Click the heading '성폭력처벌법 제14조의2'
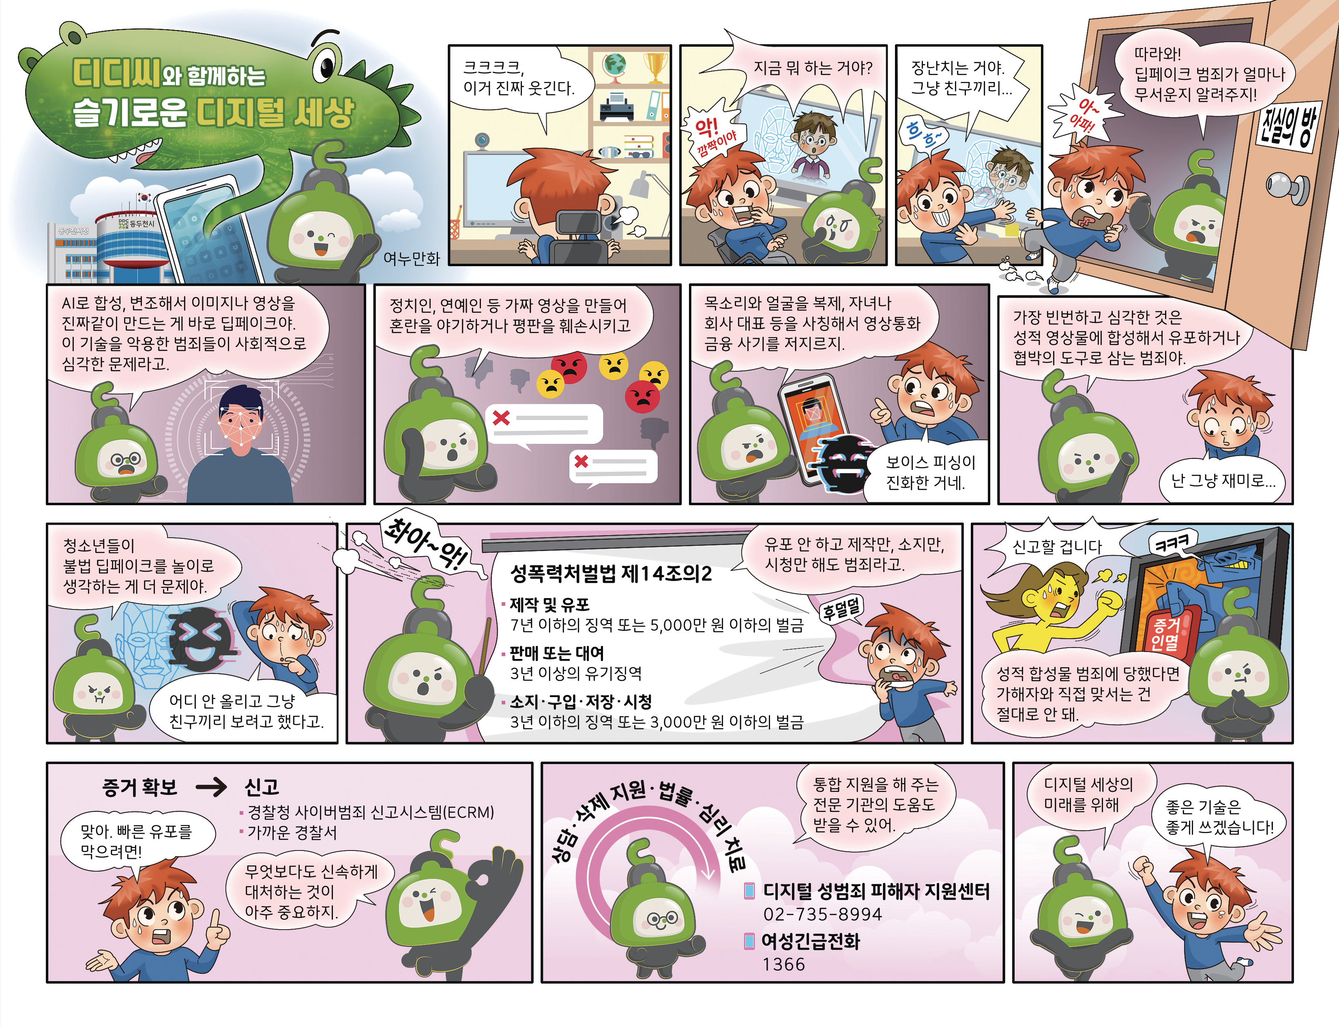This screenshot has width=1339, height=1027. pyautogui.click(x=611, y=573)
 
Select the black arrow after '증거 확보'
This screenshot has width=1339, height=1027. pyautogui.click(x=211, y=787)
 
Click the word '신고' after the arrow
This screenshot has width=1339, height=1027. pyautogui.click(x=262, y=787)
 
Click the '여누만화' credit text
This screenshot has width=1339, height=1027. pyautogui.click(x=411, y=258)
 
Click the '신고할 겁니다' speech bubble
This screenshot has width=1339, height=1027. pyautogui.click(x=1057, y=546)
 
